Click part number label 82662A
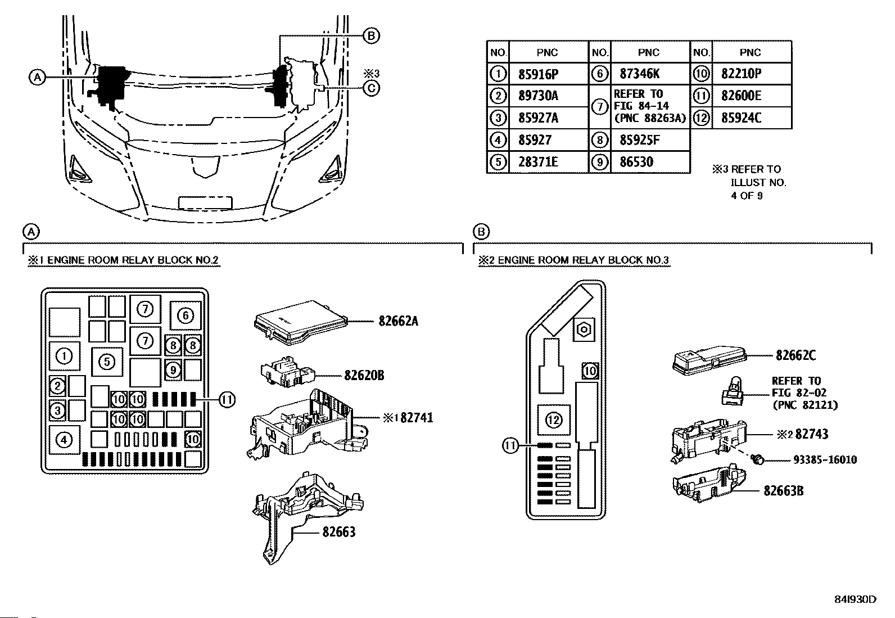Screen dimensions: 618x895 click(x=398, y=322)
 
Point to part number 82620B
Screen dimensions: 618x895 click(x=364, y=375)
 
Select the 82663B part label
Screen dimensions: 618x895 click(x=783, y=491)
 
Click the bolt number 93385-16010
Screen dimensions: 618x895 click(x=825, y=460)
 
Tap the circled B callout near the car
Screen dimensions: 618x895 click(x=371, y=36)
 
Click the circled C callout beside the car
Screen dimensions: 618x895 click(x=371, y=88)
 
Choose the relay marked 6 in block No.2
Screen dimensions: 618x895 click(x=186, y=315)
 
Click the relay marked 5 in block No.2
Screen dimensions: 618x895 click(x=107, y=361)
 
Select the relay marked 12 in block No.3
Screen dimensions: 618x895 click(x=554, y=419)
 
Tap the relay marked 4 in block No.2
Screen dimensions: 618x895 click(x=64, y=440)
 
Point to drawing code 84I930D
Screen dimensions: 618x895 click(x=855, y=599)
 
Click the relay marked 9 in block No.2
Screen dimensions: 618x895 click(x=174, y=369)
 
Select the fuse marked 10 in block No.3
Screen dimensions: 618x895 click(x=590, y=371)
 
